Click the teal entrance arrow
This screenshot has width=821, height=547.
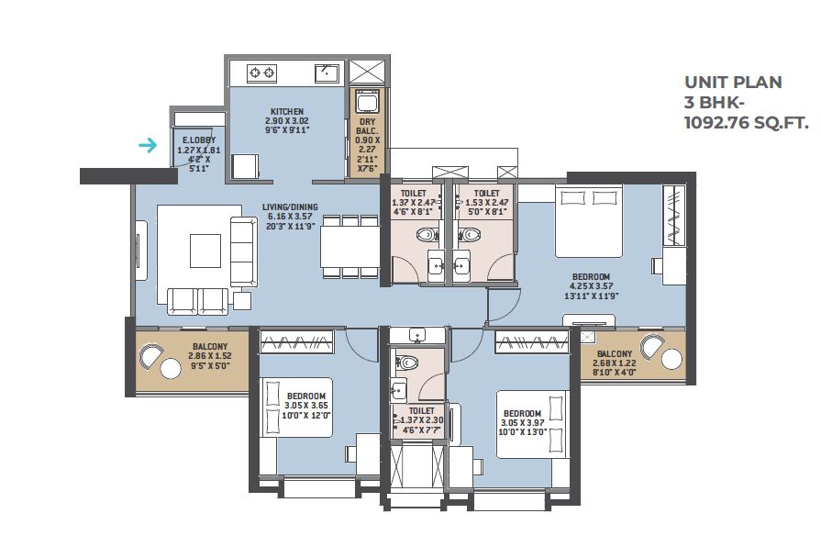coord(148,145)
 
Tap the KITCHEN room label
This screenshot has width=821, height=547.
coord(287,112)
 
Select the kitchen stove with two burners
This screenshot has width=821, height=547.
coord(261,73)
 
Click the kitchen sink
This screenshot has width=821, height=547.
coord(327,73)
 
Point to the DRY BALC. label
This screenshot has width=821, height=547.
coord(368,126)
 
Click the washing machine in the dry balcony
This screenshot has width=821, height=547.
coord(367,101)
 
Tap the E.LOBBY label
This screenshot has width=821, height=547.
coord(199,140)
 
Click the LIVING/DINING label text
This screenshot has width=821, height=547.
coord(290,207)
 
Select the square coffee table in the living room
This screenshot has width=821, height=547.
coord(205,251)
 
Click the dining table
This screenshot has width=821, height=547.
coord(350,246)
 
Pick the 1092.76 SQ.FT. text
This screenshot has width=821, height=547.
coord(747,123)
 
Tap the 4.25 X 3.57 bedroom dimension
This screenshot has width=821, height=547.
coord(591,286)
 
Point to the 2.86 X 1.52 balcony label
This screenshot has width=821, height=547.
coord(210,356)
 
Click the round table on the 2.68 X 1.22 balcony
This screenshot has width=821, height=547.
coord(671,359)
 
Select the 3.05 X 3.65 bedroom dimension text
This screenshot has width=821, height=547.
coord(306,406)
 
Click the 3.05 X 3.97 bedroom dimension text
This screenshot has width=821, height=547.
coord(523,423)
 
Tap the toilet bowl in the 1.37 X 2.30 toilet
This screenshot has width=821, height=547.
coord(407,362)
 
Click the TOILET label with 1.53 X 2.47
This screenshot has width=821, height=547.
coord(487,194)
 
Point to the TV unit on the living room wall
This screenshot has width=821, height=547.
coord(141,251)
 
